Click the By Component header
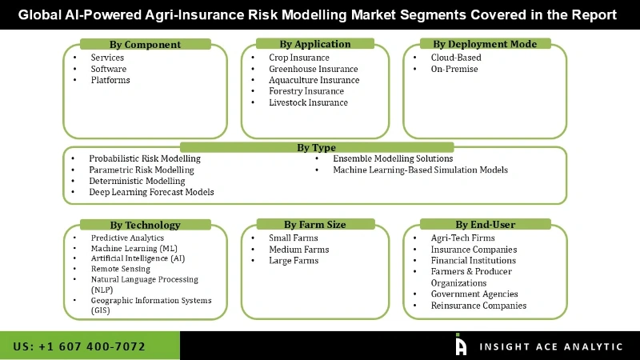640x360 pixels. point(145,45)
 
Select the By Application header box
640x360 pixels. point(315,44)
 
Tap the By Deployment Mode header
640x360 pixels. point(485,44)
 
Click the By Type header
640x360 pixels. point(316,147)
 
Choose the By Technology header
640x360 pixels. point(145,225)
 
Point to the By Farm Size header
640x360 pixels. point(314,225)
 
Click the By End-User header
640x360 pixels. point(485,225)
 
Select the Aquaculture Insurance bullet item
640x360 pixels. point(314,80)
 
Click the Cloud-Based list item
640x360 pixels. point(456,58)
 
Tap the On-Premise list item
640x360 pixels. point(454,69)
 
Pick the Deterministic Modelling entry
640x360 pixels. point(137,181)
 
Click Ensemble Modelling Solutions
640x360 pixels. point(393,158)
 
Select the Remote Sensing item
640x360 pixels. point(120,270)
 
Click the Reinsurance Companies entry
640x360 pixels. point(478,306)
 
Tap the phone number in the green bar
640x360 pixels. point(79,346)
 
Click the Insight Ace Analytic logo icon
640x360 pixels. point(461,345)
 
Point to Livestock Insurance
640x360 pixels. point(308,102)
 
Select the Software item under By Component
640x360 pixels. point(109,69)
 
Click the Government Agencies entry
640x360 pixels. point(474,294)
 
